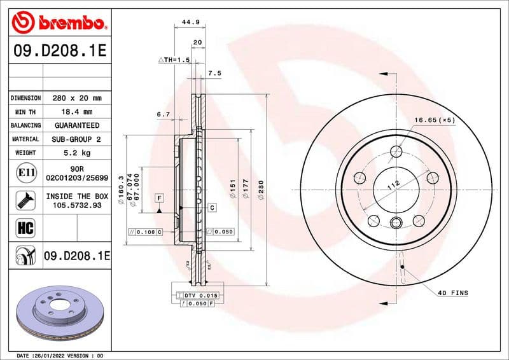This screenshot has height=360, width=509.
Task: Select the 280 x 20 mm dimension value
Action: click(77, 99)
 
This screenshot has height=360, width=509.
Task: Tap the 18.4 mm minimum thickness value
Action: click(77, 112)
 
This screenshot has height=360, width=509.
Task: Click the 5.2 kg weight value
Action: click(77, 153)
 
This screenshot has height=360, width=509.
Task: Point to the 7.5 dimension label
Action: click(214, 74)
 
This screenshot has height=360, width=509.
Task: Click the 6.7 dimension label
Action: click(163, 114)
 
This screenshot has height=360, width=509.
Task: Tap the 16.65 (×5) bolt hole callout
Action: click(435, 120)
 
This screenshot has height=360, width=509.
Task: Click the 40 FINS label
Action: click(452, 293)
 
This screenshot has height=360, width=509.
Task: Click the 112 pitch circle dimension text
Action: click(393, 185)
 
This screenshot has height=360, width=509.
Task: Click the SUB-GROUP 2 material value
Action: click(77, 139)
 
